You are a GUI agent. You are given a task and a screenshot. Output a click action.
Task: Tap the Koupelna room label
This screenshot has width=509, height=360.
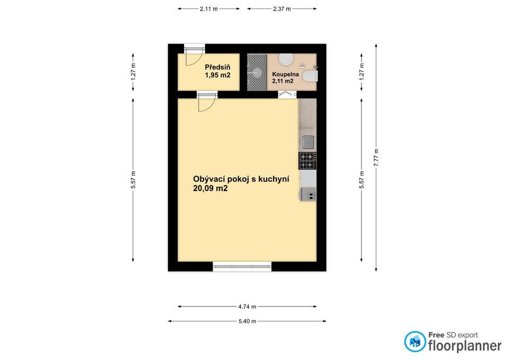286,75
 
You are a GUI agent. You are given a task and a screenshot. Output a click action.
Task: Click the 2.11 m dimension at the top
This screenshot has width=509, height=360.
208,9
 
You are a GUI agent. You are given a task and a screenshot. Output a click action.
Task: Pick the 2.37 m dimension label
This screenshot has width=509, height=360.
282,9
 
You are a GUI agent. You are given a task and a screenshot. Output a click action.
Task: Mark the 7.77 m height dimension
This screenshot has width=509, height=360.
376,157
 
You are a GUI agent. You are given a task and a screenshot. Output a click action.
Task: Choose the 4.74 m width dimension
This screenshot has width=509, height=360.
247,306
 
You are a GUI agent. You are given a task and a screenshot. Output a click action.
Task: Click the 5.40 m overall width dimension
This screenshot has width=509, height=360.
247,321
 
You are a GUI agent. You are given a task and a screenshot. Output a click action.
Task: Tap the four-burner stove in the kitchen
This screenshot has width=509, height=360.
308,161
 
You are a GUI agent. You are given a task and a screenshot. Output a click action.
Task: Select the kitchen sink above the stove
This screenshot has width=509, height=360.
308,142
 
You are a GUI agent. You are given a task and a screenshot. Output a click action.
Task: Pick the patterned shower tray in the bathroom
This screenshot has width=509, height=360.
257,72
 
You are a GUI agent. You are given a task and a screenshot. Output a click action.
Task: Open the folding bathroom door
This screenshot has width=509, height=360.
286,94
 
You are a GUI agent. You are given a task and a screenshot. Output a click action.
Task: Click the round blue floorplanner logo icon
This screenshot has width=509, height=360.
415,341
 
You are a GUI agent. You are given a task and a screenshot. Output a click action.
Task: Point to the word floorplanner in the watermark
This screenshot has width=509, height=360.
464,346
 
